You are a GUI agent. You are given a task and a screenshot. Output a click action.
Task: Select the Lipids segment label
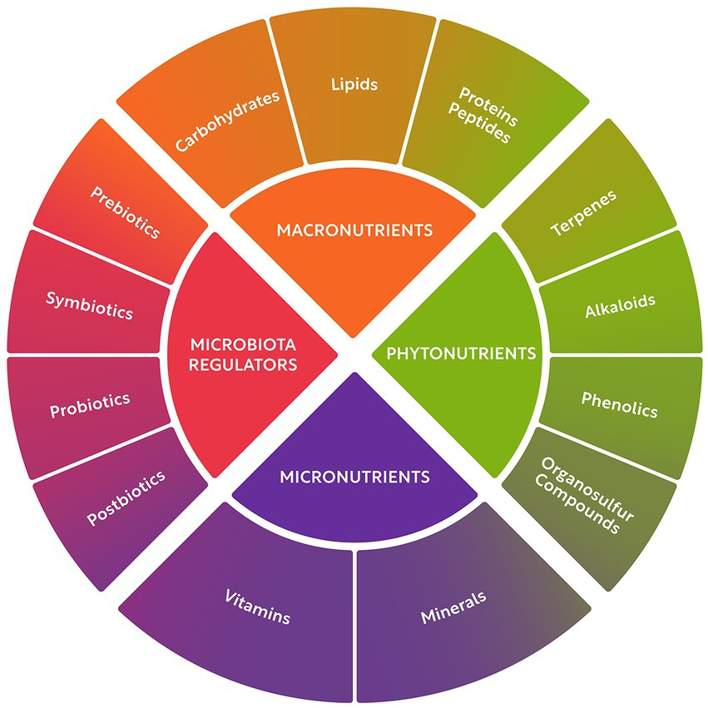tap(354, 84)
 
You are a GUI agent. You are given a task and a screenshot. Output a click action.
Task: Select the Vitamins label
tap(257, 607)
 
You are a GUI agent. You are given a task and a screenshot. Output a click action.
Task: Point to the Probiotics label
tap(89, 405)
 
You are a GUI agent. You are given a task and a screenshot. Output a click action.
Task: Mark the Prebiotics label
tap(124, 213)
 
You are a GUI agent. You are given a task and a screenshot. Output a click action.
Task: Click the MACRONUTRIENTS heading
tap(354, 229)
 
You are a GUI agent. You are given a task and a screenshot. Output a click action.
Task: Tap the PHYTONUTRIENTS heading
tap(461, 354)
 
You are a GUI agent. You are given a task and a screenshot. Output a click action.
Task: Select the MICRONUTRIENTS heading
tap(354, 477)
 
